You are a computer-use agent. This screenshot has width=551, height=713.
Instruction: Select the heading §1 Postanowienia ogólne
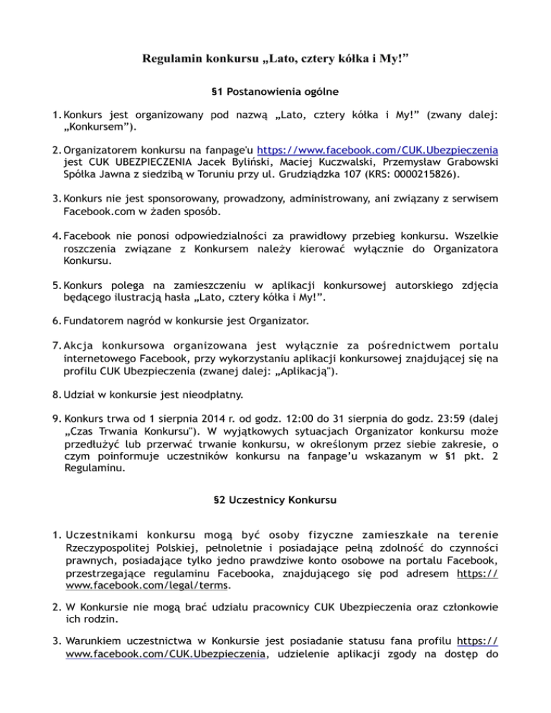tap(275, 93)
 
